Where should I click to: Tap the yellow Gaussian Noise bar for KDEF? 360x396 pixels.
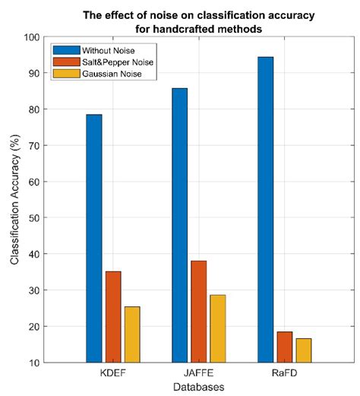coord(132,334)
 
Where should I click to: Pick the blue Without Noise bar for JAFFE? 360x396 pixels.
coord(179,225)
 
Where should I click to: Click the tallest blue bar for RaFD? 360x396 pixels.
coord(265,209)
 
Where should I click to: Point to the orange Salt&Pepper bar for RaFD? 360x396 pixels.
coord(284,347)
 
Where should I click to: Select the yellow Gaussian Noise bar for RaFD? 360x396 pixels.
coord(303,350)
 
